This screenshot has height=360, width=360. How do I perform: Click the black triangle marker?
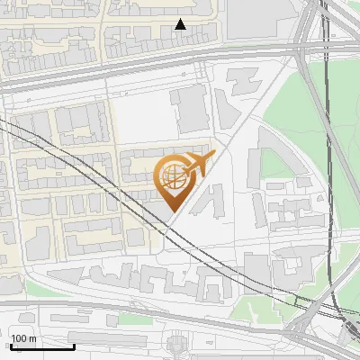click(x=180, y=24)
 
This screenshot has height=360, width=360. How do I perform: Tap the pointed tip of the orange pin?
click(x=172, y=211)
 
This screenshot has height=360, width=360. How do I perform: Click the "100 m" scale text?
click(x=23, y=338)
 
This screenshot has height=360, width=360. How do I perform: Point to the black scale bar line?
click(x=42, y=346)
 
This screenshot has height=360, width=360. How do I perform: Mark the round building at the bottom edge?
click(x=177, y=346)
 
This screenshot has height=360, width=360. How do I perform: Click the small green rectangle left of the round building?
click(x=135, y=319)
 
